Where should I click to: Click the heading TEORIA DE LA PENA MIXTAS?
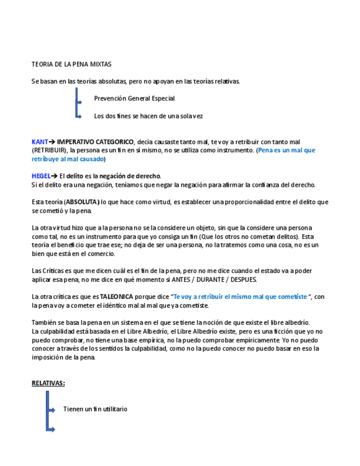pyautogui.click(x=71, y=64)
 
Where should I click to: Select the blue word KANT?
pyautogui.click(x=40, y=142)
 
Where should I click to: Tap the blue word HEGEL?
pyautogui.click(x=41, y=176)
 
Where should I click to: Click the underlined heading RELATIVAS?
pyautogui.click(x=48, y=383)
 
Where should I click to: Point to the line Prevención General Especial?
pyautogui.click(x=134, y=98)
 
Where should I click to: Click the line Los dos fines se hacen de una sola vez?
pyautogui.click(x=148, y=116)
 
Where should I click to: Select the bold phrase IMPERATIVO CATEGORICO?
pyautogui.click(x=95, y=142)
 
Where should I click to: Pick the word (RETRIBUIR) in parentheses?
pyautogui.click(x=49, y=150)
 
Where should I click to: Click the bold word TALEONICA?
pyautogui.click(x=117, y=297)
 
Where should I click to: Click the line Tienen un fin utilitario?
pyautogui.click(x=95, y=409)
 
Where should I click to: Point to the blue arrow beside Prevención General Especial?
pyautogui.click(x=79, y=102)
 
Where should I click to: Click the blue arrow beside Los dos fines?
pyautogui.click(x=79, y=116)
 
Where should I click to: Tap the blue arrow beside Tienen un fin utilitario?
pyautogui.click(x=51, y=410)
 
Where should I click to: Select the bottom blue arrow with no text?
pyautogui.click(x=51, y=429)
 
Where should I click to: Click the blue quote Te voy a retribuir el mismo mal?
pyautogui.click(x=240, y=297)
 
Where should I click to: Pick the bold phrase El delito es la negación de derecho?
pyautogui.click(x=110, y=176)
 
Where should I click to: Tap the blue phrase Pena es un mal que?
pyautogui.click(x=286, y=150)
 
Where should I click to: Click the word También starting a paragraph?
pyautogui.click(x=45, y=323)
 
